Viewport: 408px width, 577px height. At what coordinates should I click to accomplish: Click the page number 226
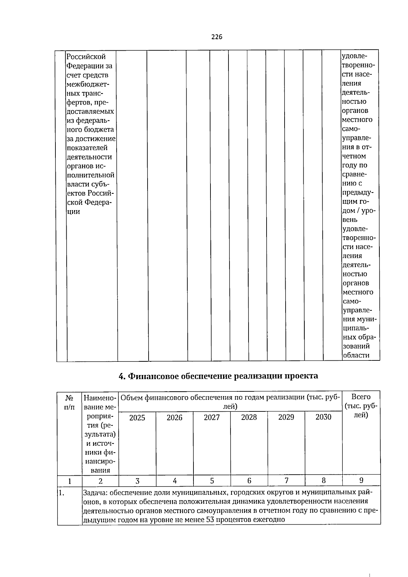(216, 37)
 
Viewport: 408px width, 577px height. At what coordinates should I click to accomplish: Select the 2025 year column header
(137, 418)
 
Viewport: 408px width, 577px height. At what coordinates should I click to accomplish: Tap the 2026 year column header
(174, 418)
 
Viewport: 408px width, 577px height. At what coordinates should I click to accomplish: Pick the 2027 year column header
(212, 418)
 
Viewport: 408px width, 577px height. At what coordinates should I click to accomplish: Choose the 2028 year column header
(249, 417)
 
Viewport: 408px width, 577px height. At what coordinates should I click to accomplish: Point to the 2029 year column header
(286, 417)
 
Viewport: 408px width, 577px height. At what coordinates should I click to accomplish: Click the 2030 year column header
(323, 417)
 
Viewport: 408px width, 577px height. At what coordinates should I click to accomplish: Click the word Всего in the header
(361, 397)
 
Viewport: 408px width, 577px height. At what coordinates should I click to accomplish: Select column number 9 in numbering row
(361, 480)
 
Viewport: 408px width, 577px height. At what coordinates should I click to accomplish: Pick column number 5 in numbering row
(212, 481)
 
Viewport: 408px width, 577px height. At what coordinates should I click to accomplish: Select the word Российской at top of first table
(86, 56)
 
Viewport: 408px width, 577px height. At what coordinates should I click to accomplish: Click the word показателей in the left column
(87, 148)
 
